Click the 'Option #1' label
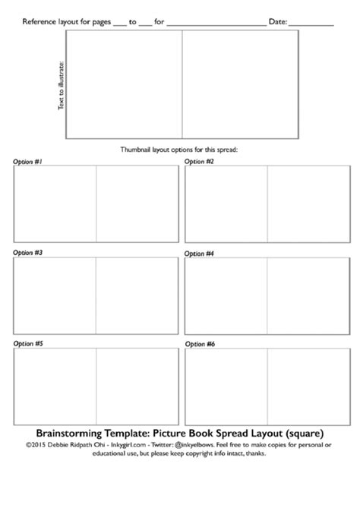click(x=28, y=162)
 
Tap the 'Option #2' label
click(x=200, y=162)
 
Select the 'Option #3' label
click(x=28, y=252)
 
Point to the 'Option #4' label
click(x=200, y=252)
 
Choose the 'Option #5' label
click(x=28, y=344)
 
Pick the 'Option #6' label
click(x=200, y=344)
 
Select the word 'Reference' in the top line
click(x=39, y=22)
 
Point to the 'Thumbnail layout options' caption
click(x=179, y=150)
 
